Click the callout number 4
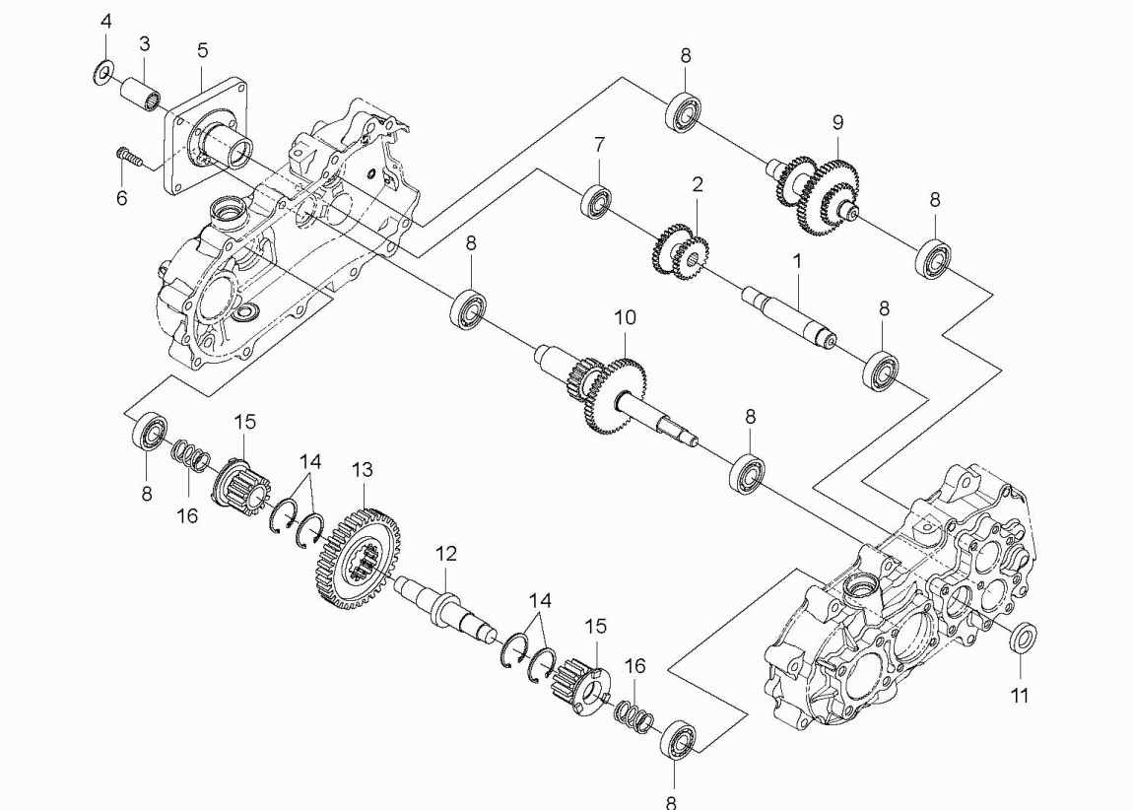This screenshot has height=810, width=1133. click(x=106, y=22)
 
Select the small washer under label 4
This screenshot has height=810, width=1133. click(x=104, y=73)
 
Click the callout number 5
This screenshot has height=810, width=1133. click(x=202, y=50)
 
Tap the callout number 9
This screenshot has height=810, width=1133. click(x=837, y=122)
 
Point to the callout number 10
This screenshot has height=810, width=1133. click(x=625, y=317)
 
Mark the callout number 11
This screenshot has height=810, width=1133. click(x=1020, y=696)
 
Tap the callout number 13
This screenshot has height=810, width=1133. click(x=362, y=470)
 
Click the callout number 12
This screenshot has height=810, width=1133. click(x=446, y=554)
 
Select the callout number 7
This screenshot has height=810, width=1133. click(x=599, y=145)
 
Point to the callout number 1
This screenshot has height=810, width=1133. click(x=798, y=261)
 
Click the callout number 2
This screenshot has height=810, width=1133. click(x=698, y=184)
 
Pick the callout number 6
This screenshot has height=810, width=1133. click(x=121, y=197)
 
